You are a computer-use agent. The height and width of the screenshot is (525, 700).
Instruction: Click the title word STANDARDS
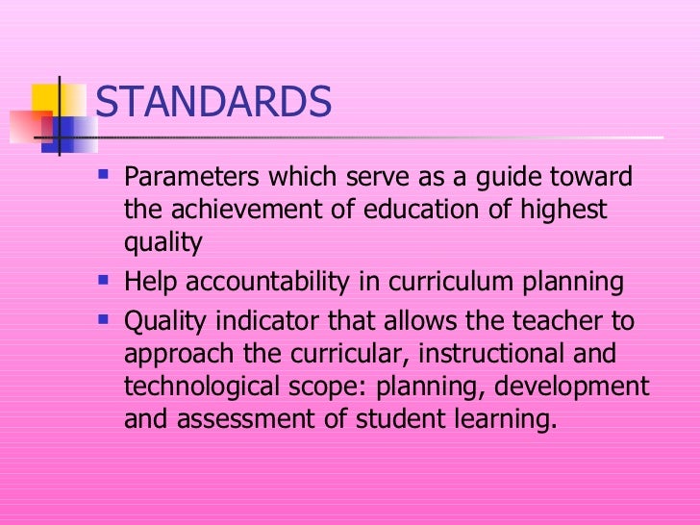(x=213, y=103)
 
